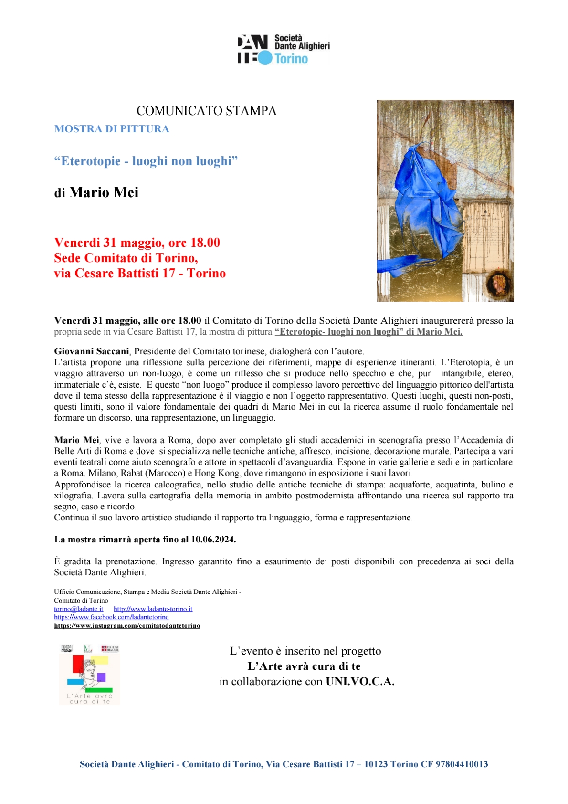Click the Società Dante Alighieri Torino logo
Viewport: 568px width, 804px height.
(284, 49)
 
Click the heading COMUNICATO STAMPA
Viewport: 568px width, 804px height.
(206, 111)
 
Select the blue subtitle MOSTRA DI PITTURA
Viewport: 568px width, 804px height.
(112, 129)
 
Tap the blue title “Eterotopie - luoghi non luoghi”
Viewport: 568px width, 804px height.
(146, 161)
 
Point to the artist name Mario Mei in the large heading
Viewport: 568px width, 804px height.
(104, 192)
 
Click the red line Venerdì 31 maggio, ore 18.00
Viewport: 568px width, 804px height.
(137, 243)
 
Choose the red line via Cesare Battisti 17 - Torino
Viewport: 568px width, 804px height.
(140, 273)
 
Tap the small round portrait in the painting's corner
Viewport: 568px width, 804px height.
(498, 283)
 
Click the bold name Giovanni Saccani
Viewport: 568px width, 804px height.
(91, 351)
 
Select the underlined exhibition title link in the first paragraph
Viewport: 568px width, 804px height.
(368, 332)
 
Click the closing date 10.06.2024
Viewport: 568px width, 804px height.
(213, 540)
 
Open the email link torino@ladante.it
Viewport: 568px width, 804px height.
(78, 609)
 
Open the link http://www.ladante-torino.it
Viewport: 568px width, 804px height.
(153, 609)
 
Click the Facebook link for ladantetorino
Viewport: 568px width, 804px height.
(111, 617)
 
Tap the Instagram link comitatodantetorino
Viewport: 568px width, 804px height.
(127, 625)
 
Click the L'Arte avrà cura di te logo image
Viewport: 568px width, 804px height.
(90, 674)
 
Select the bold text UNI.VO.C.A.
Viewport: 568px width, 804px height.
(360, 682)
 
